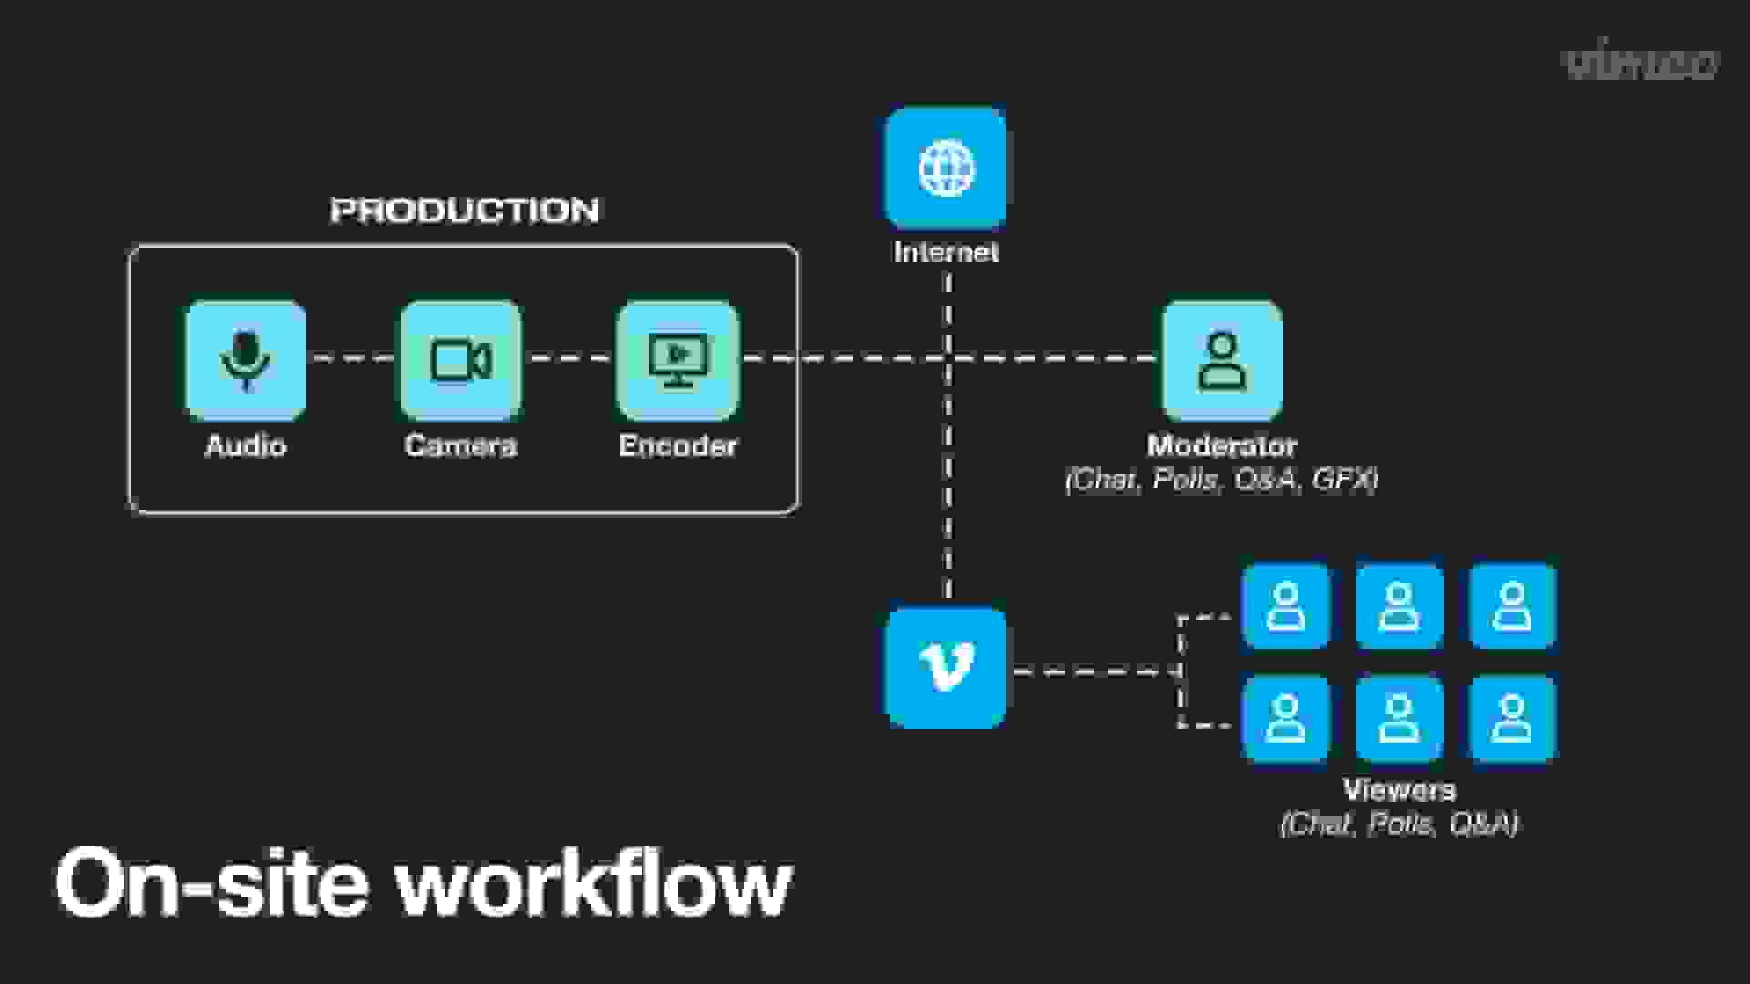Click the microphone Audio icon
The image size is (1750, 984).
(x=246, y=360)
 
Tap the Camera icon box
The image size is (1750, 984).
(x=461, y=360)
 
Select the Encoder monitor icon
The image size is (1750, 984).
(x=677, y=360)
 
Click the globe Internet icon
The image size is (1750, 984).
(x=946, y=168)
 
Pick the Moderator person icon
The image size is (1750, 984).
(x=1222, y=360)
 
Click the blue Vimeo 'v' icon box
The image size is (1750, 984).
(x=946, y=667)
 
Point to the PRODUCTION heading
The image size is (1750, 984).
(x=464, y=210)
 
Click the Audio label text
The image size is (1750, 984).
(x=246, y=446)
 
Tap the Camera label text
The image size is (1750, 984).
(x=460, y=446)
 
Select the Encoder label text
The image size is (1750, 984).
(x=677, y=446)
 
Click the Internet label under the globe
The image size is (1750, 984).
(x=946, y=252)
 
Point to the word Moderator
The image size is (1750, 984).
(x=1221, y=446)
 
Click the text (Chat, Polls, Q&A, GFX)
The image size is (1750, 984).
(x=1221, y=479)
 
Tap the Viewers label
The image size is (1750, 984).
(x=1399, y=790)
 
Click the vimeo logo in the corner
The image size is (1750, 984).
(x=1641, y=63)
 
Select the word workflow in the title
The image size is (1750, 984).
(x=594, y=882)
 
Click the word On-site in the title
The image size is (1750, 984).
(x=211, y=882)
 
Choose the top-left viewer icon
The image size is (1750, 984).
(x=1286, y=607)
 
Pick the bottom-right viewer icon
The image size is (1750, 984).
(x=1512, y=719)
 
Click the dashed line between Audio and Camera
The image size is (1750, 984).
(x=354, y=359)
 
